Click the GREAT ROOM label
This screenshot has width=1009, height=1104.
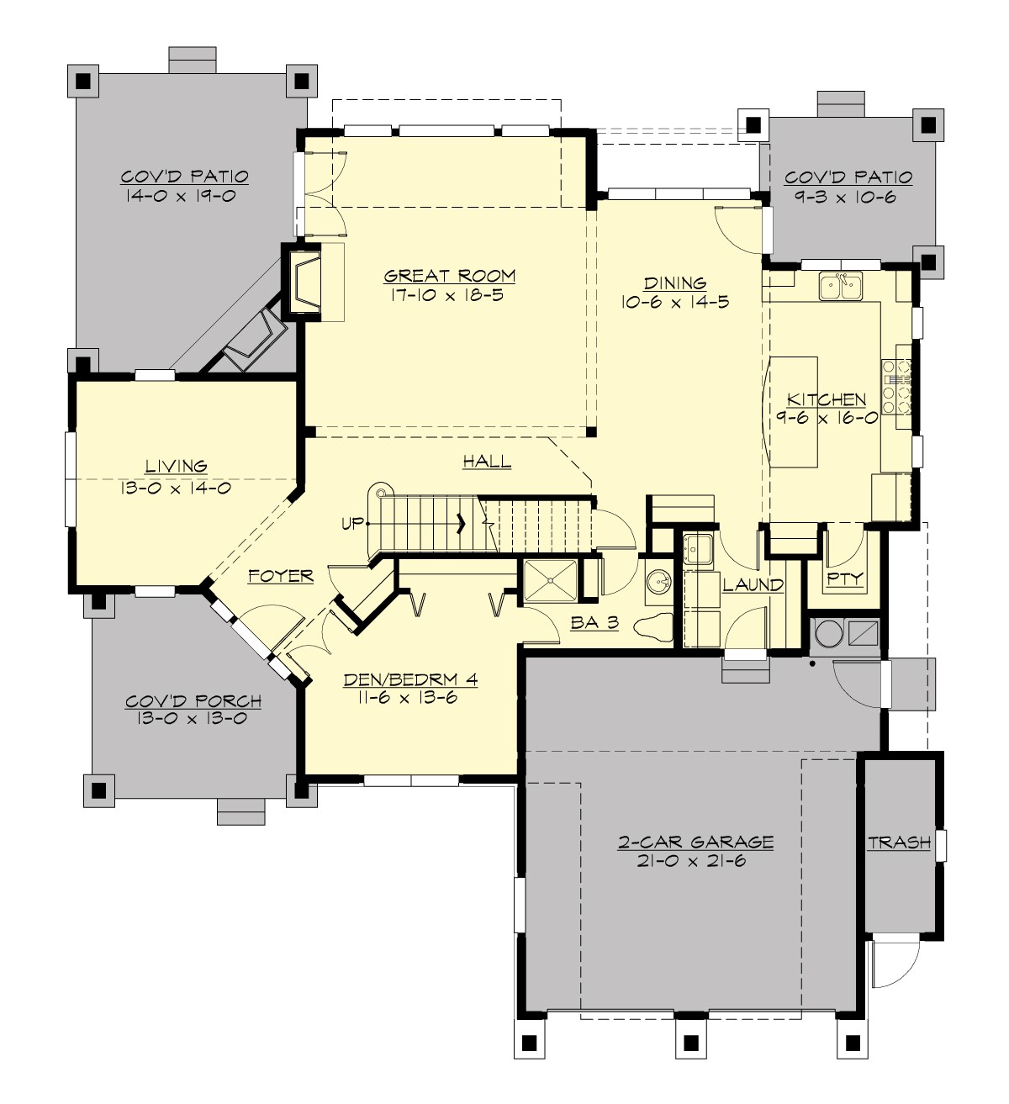click(x=449, y=276)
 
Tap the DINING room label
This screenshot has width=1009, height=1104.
click(x=674, y=283)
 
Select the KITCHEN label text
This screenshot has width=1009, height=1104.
click(x=826, y=399)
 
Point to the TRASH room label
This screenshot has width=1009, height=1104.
click(x=899, y=842)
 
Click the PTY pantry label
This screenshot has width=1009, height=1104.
click(x=844, y=578)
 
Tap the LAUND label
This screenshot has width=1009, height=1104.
click(x=753, y=584)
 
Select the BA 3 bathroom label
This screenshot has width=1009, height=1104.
click(x=594, y=623)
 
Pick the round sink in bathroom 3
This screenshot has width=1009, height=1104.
click(x=658, y=582)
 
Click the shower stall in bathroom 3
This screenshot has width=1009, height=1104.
click(x=550, y=581)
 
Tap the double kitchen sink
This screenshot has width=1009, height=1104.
click(x=840, y=287)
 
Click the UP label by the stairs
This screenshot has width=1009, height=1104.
click(x=352, y=524)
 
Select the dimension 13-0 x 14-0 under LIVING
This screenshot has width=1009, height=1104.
click(x=176, y=487)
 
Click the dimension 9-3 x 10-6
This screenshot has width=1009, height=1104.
click(x=848, y=198)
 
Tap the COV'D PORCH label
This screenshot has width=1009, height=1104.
click(x=193, y=701)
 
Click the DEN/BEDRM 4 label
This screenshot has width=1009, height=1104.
click(x=410, y=679)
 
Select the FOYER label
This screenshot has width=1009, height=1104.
click(x=281, y=576)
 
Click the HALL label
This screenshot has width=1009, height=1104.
click(x=487, y=462)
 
